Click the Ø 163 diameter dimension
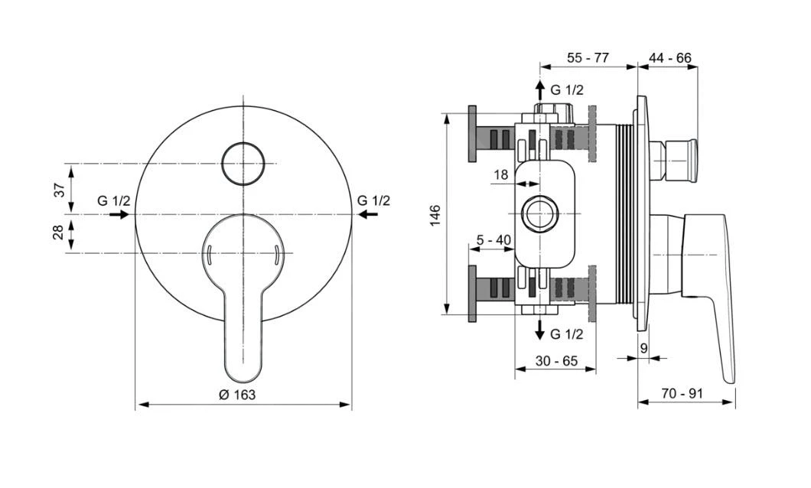click(237, 395)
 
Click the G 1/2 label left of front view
click(114, 200)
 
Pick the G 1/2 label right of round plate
click(373, 200)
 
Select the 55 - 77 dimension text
click(588, 58)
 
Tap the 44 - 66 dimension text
click(669, 58)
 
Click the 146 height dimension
click(435, 214)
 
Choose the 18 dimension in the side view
click(500, 175)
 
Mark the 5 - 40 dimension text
click(493, 240)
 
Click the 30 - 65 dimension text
click(556, 359)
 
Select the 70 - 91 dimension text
click(683, 395)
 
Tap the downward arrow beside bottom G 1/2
click(540, 330)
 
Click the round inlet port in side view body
click(540, 214)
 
